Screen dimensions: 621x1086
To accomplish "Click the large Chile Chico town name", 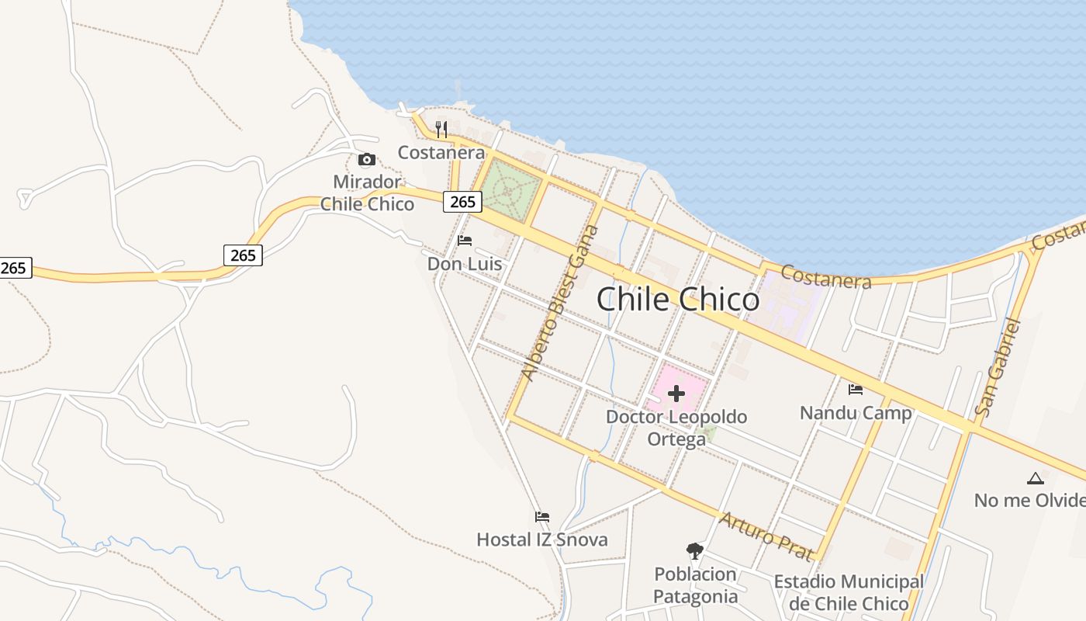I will tap(678, 300).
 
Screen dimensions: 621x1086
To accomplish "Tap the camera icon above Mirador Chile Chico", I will tap(367, 160).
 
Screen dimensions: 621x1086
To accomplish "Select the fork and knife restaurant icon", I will tap(441, 129).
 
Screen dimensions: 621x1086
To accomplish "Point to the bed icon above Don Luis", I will tap(465, 241).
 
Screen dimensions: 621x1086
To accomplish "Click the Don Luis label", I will tap(465, 264).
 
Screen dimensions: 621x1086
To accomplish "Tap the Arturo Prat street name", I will tap(766, 536).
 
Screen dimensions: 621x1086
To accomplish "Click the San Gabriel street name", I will tap(998, 366).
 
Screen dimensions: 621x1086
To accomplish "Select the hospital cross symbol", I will tap(676, 394).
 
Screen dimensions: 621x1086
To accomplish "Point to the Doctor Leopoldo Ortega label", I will tap(676, 428).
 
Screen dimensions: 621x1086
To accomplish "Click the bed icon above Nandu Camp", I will tap(856, 389).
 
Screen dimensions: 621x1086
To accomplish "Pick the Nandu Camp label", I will tap(856, 412).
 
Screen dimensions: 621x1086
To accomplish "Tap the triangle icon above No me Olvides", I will tap(1035, 478).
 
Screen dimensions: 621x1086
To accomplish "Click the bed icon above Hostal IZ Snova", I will tap(542, 517).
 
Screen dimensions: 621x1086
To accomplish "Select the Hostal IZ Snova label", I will tap(542, 539).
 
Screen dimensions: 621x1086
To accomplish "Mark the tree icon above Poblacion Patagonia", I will tap(695, 551).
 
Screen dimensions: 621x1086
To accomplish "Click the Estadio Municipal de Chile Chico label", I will tap(849, 592).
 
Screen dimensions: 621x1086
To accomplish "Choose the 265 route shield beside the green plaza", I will tap(462, 202).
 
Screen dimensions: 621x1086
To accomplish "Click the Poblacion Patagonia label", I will tap(695, 585).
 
